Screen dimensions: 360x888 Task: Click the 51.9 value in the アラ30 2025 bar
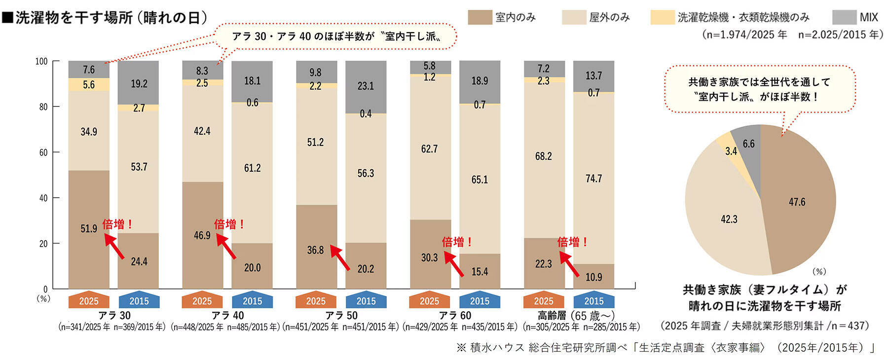tap(89, 229)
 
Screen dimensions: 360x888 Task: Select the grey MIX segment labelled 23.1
tap(366, 86)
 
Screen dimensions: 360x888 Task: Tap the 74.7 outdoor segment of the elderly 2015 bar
tap(593, 179)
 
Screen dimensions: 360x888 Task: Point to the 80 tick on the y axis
tap(43, 107)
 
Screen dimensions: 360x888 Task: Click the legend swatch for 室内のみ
tap(480, 17)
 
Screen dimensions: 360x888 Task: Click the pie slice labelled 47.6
tap(797, 202)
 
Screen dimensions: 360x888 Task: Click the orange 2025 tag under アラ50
tap(316, 301)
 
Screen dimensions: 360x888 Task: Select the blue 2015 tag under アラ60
tap(480, 301)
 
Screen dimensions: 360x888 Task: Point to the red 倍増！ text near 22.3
tap(572, 242)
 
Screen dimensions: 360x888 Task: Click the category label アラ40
tap(227, 315)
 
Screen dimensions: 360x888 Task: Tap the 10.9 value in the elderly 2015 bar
tap(593, 277)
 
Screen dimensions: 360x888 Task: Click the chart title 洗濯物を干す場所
tap(74, 18)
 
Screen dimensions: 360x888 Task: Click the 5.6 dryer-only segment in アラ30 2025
tap(89, 85)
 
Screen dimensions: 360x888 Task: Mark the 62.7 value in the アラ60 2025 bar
tap(429, 149)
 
